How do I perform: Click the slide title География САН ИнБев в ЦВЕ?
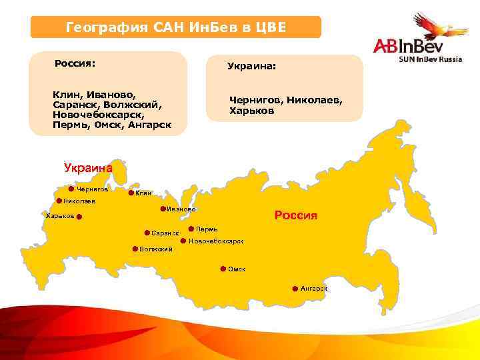coord(176,27)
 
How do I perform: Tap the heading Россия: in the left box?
coord(75,64)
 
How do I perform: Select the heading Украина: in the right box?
coord(252,67)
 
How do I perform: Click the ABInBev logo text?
coord(407,46)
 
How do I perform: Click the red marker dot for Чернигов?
coord(71,189)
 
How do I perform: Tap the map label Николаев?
coord(79,201)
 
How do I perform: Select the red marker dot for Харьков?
coord(79,217)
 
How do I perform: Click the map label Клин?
coord(143,193)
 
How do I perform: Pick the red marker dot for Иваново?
coord(163,209)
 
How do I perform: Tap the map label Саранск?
coord(165,233)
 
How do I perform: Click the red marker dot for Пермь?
coord(191,229)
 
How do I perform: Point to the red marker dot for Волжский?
coord(135,249)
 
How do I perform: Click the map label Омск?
coord(237,269)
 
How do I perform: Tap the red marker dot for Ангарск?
coord(295,289)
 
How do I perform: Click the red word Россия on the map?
coord(296,216)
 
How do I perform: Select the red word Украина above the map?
coord(88,168)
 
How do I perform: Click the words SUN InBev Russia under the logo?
coord(429,59)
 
